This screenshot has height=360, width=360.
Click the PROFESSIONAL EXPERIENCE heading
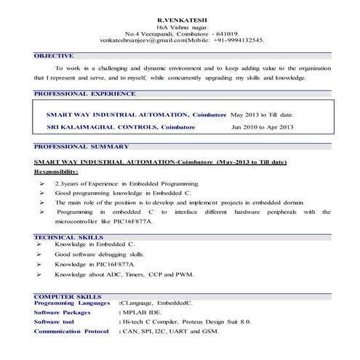pyautogui.click(x=84, y=94)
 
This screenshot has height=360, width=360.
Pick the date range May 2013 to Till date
pyautogui.click(x=262, y=115)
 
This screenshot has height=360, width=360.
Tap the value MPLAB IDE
pyautogui.click(x=148, y=311)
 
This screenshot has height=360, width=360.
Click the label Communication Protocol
pyautogui.click(x=71, y=331)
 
